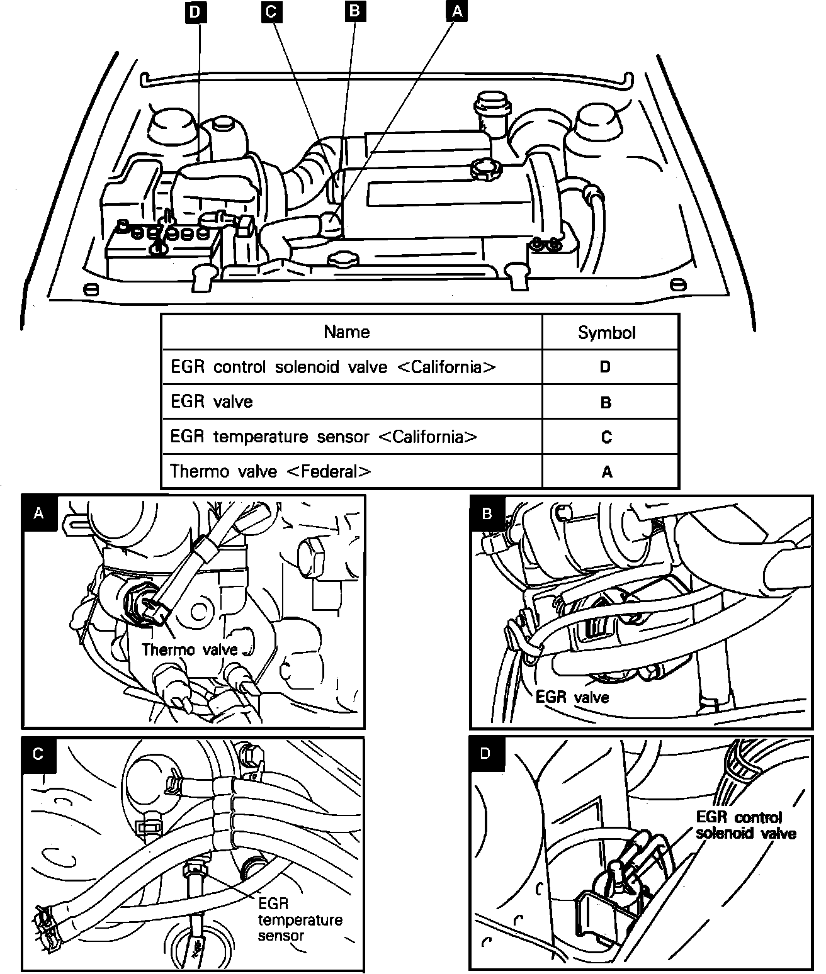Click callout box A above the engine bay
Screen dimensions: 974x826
[x=456, y=13]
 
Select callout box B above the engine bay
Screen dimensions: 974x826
[x=354, y=13]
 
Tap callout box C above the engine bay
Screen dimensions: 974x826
[x=272, y=13]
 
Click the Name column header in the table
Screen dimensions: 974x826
[x=346, y=332]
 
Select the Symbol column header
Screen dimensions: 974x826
[x=606, y=333]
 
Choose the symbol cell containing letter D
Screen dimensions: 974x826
[x=605, y=367]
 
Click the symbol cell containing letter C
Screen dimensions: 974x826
[x=606, y=437]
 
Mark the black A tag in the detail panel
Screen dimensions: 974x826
[x=39, y=513]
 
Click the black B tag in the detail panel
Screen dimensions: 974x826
[x=487, y=513]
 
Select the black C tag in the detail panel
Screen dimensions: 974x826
[x=38, y=754]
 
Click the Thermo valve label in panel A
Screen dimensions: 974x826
[x=190, y=649]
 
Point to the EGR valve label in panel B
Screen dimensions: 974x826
[x=572, y=697]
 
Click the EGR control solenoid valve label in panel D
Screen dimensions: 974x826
[x=745, y=825]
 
